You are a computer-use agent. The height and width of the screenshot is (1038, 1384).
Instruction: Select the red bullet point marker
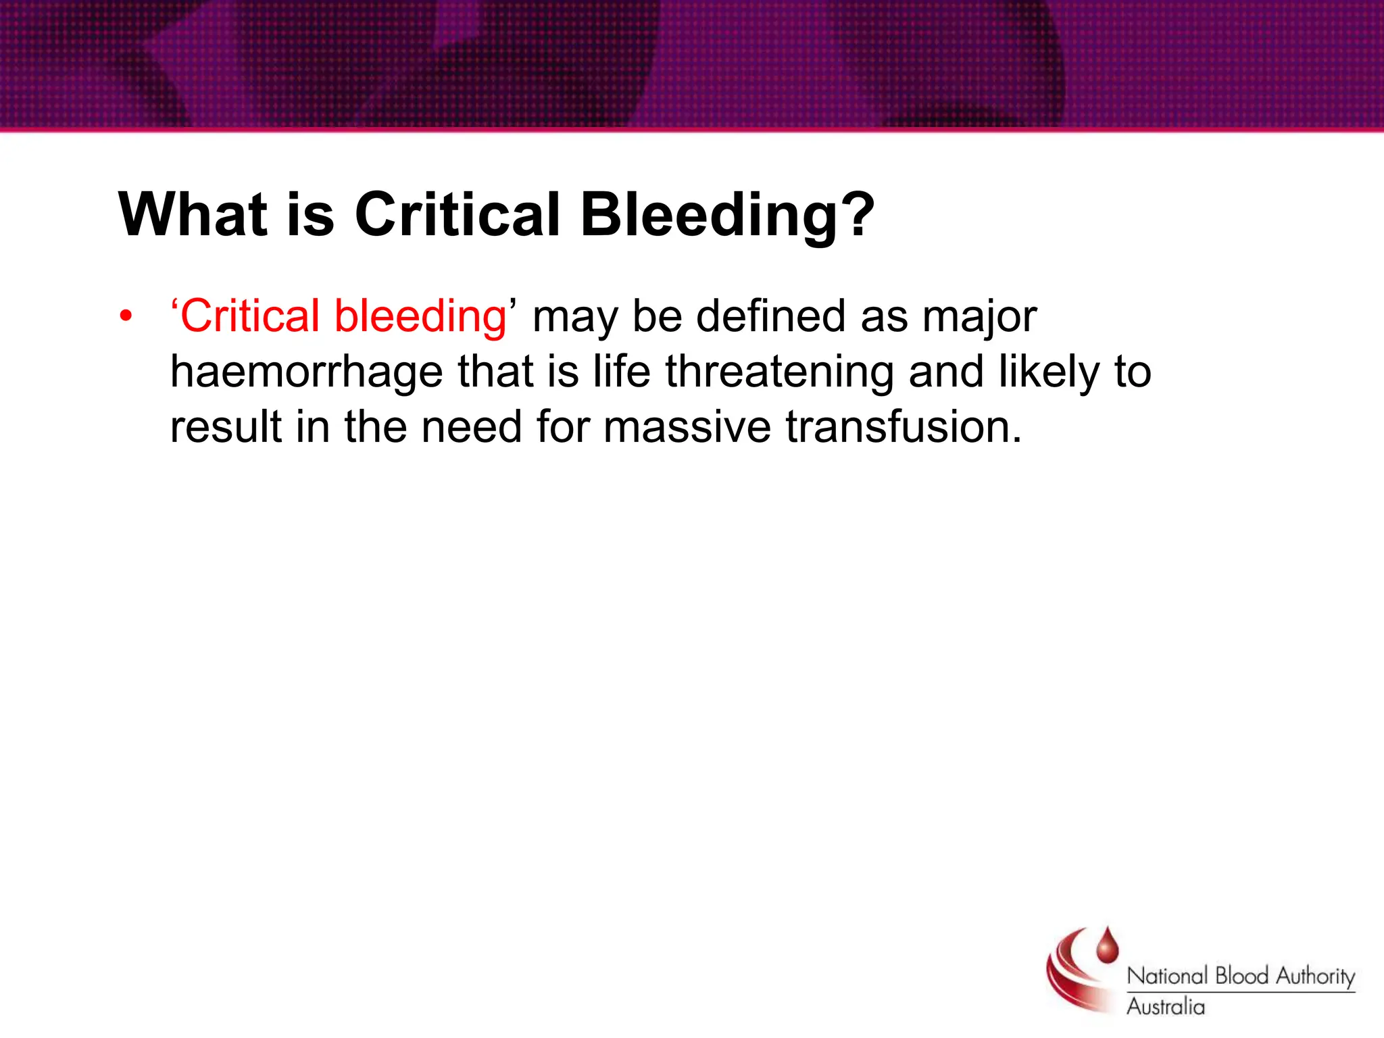tap(126, 316)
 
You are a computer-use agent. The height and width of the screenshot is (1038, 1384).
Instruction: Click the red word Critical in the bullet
tap(249, 316)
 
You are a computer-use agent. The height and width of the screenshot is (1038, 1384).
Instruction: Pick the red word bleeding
tap(420, 316)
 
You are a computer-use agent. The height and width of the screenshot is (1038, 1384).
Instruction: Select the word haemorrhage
tap(305, 373)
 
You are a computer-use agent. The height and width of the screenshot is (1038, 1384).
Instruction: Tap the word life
tap(621, 372)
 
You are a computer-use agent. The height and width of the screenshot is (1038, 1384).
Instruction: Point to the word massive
tap(686, 427)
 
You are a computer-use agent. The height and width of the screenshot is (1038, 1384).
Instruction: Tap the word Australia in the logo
tap(1165, 1007)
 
